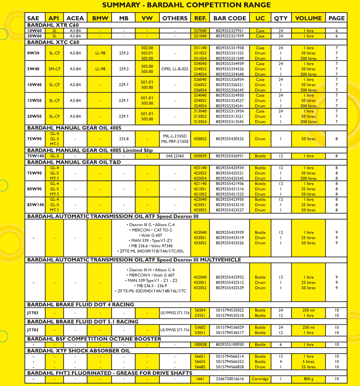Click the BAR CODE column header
230,18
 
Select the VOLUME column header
309,18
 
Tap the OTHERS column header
175,18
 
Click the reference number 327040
200,30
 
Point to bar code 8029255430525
230,139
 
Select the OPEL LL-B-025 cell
175,69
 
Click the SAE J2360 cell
175,156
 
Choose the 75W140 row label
35,156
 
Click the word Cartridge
260,379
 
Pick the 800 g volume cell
309,379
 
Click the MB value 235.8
124,139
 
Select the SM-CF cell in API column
55,69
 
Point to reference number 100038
200,344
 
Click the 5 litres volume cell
309,361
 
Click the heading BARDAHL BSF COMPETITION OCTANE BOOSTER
94,339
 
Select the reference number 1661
200,379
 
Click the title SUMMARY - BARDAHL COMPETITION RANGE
186,5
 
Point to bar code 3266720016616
230,379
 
